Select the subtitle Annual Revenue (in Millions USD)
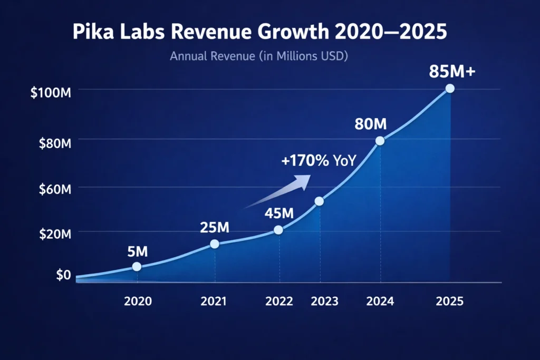point(259,56)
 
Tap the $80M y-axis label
point(54,143)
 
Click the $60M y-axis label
point(54,190)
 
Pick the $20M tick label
point(54,235)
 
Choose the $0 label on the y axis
point(63,274)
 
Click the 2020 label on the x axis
point(138,301)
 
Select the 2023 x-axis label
point(324,301)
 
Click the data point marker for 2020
point(137,267)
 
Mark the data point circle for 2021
point(215,244)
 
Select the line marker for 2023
point(319,201)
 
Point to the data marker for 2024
point(380,141)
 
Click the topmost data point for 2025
point(450,89)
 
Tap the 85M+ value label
point(452,71)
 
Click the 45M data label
point(278,214)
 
